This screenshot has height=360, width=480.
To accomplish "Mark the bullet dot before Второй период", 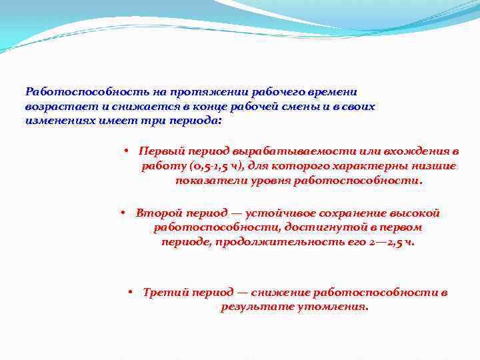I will [123, 213].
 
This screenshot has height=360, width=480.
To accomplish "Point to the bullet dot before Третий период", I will [130, 293].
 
